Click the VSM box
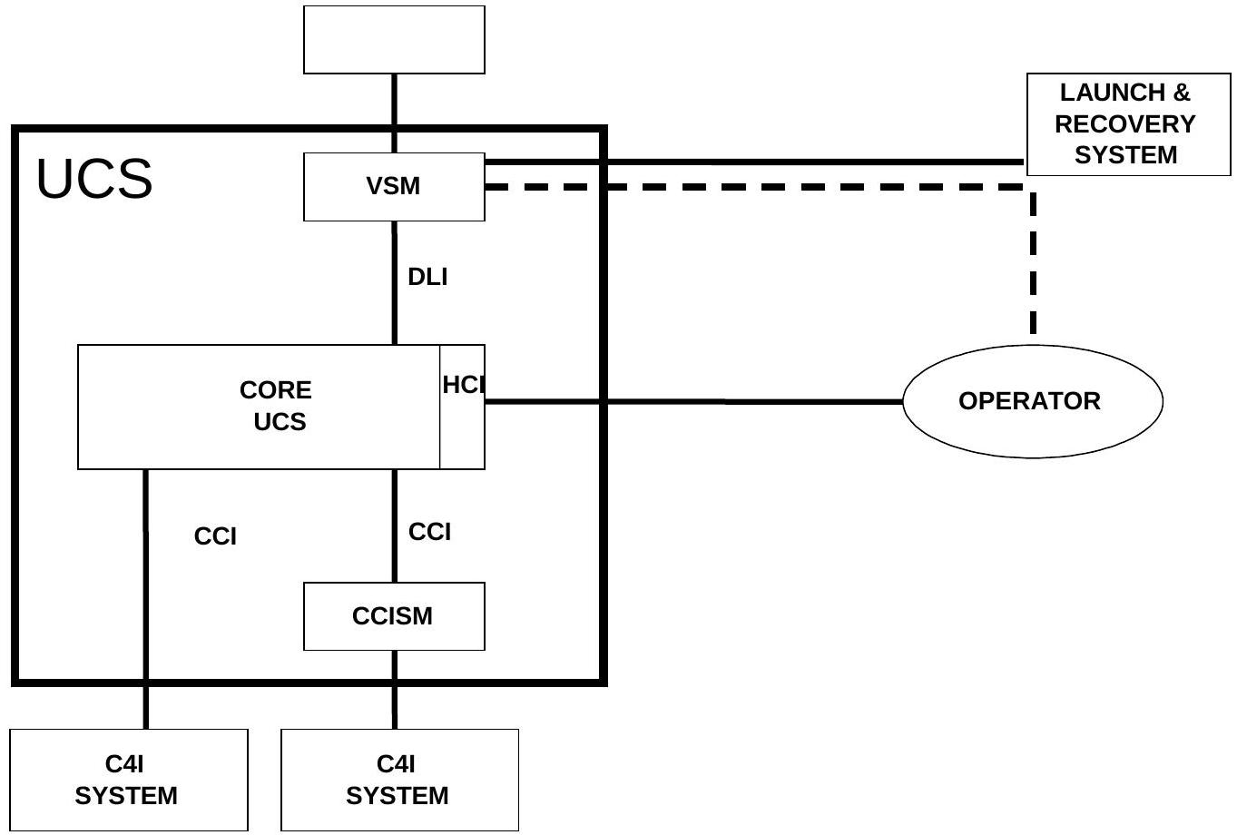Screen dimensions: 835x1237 (394, 187)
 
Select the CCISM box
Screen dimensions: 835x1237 (394, 616)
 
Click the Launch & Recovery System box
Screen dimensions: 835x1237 (1128, 124)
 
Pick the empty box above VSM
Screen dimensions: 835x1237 (394, 39)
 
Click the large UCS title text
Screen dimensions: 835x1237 (94, 179)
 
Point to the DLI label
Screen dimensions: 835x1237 (427, 277)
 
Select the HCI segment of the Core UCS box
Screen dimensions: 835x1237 (462, 406)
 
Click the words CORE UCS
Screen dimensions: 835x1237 (276, 406)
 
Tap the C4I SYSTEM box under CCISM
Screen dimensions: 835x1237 (399, 780)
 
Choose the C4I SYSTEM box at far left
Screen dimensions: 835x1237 (128, 780)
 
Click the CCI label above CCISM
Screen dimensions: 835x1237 (429, 532)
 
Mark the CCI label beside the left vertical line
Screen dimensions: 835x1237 (215, 536)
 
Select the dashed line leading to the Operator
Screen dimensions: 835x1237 (1034, 263)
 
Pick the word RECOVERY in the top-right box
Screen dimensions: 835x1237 (1124, 124)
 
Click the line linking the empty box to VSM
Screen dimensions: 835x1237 (394, 113)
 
